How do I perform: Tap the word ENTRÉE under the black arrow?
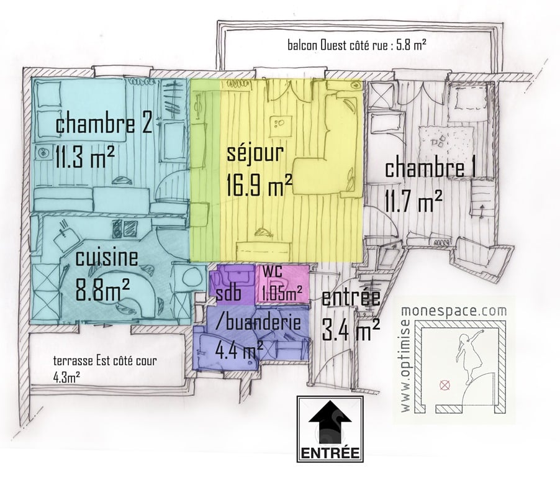pyautogui.click(x=330, y=453)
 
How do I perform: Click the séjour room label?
pyautogui.click(x=255, y=153)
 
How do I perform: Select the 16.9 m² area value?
pyautogui.click(x=260, y=184)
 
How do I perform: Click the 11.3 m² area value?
pyautogui.click(x=85, y=157)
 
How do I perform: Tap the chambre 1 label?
pyautogui.click(x=430, y=168)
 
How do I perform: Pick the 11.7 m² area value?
pyautogui.click(x=414, y=200)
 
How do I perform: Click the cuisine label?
pyautogui.click(x=107, y=258)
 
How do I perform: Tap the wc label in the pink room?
pyautogui.click(x=273, y=270)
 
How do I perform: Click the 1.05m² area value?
pyautogui.click(x=282, y=294)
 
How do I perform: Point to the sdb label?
pyautogui.click(x=229, y=294)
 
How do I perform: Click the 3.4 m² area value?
pyautogui.click(x=351, y=330)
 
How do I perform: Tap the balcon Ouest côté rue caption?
pyautogui.click(x=357, y=45)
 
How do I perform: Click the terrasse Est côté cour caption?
pyautogui.click(x=105, y=361)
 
